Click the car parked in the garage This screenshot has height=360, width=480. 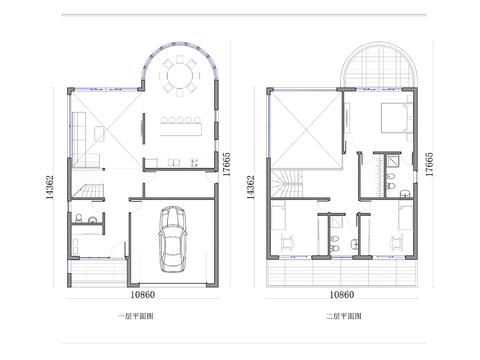[x=173, y=239]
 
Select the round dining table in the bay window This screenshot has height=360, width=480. [x=181, y=75]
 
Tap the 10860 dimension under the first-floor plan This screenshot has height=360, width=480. [x=141, y=295]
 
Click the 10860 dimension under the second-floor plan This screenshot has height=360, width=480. [x=342, y=295]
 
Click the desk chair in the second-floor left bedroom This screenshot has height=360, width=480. [x=290, y=241]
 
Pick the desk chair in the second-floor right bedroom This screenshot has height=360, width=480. [x=397, y=241]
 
